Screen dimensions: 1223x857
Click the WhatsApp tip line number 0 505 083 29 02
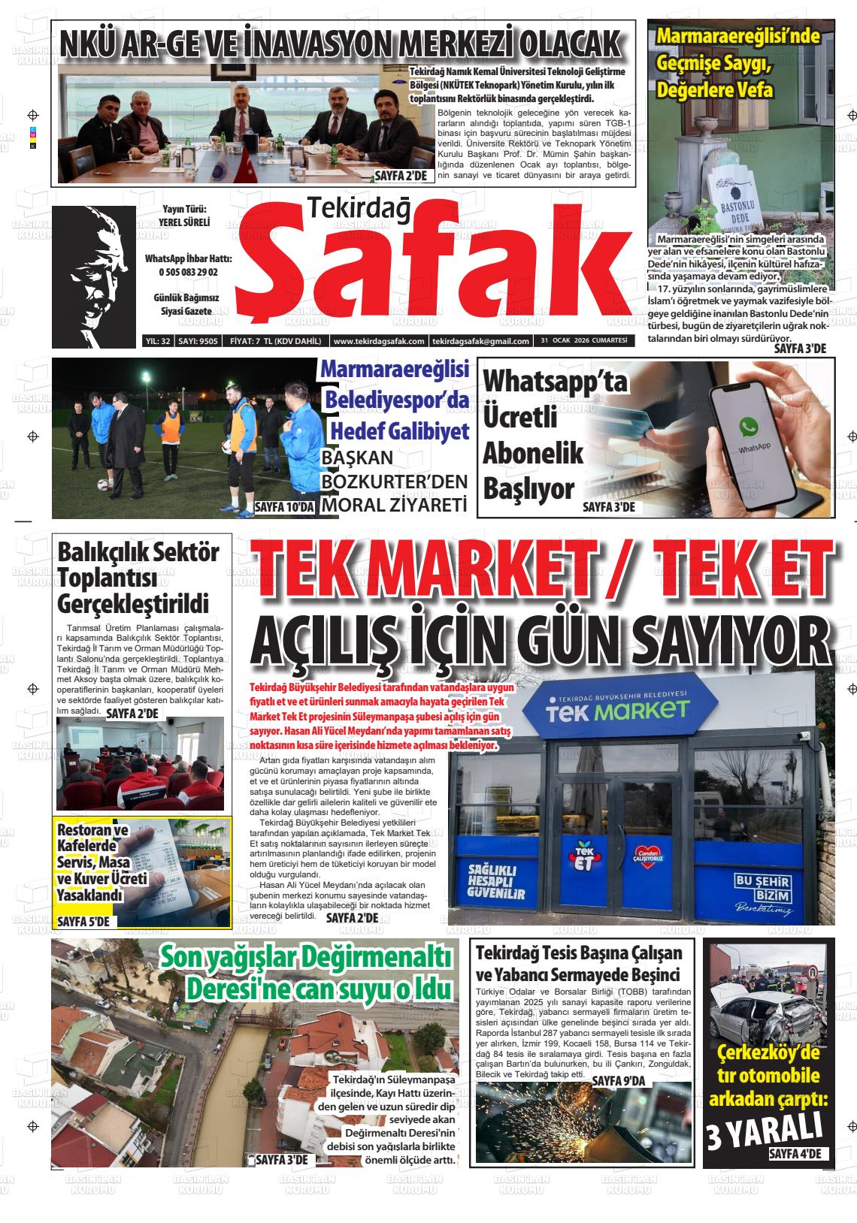(188, 272)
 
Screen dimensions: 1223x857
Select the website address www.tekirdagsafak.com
(379, 341)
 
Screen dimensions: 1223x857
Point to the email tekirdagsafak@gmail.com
(480, 341)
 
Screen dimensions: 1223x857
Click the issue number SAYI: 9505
(198, 341)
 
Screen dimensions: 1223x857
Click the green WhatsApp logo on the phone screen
(748, 427)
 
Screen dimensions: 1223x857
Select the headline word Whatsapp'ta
(554, 380)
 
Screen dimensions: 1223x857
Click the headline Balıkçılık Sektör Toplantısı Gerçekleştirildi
(138, 578)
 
